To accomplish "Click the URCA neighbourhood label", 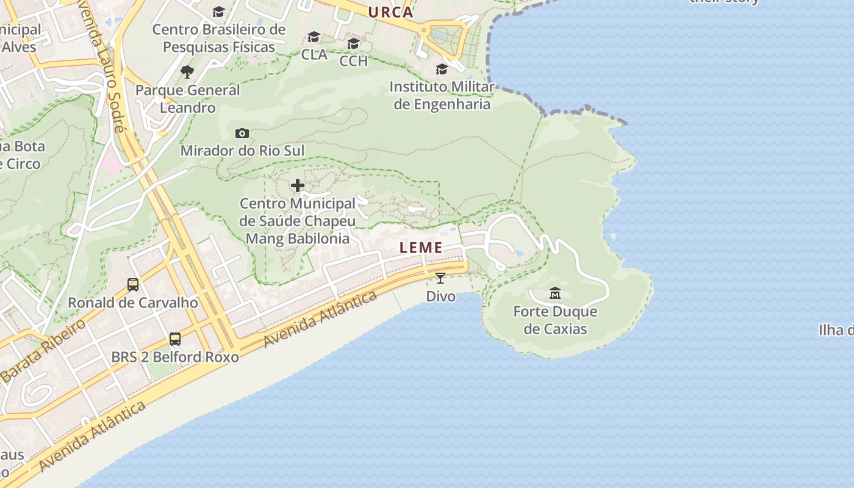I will [390, 12].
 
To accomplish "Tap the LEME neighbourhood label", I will [421, 248].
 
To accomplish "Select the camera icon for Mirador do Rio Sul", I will [242, 133].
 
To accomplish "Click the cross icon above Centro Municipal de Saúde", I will [298, 185].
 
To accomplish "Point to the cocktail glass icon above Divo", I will [440, 278].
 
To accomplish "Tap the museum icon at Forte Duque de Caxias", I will [555, 293].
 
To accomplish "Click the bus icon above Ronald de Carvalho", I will [133, 284].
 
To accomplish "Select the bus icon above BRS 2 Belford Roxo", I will [175, 339].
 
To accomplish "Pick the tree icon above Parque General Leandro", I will [187, 72].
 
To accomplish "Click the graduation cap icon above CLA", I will [314, 37].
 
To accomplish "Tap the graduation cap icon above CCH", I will [353, 43].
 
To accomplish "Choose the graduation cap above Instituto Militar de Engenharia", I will [442, 69].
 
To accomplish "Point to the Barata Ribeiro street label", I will [43, 351].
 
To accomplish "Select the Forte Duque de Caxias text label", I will [555, 320].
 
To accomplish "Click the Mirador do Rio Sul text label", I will [242, 151].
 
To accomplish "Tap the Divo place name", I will [440, 296].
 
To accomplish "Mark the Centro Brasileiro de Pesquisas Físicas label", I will [219, 38].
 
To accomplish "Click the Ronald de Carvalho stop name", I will [132, 303].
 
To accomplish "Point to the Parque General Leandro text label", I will [188, 99].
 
